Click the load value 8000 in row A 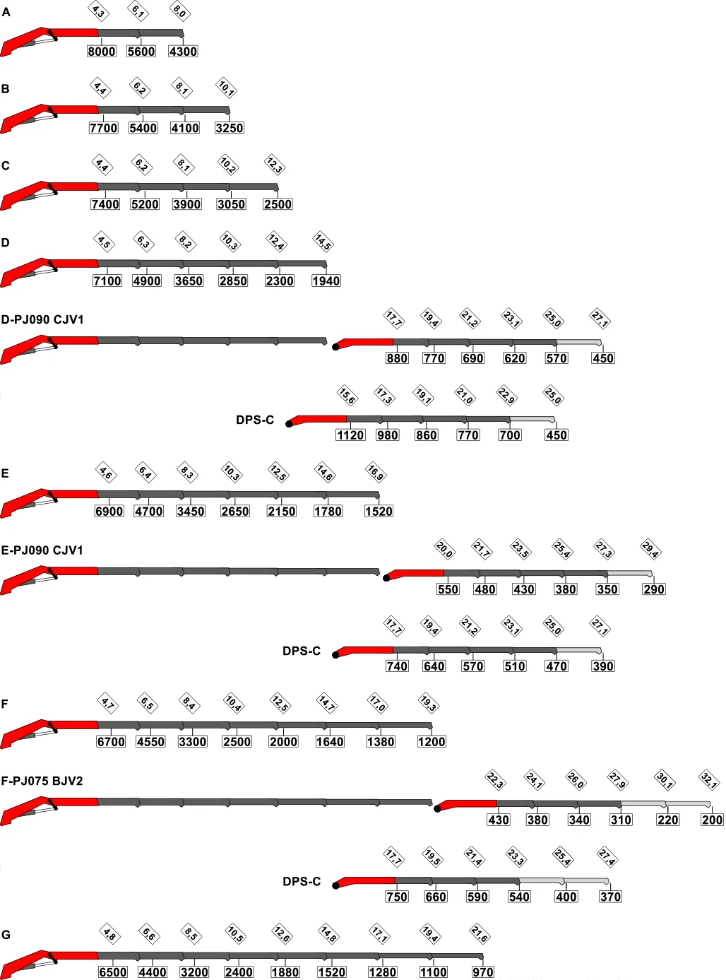tap(101, 52)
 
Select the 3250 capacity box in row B tap(230, 128)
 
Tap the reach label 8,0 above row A tap(179, 11)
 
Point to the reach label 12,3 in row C tap(274, 165)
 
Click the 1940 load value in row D tap(326, 281)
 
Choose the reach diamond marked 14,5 tap(323, 242)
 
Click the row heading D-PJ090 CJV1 tap(42, 319)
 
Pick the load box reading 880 tap(397, 358)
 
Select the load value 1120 tap(350, 435)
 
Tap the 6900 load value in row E tap(109, 512)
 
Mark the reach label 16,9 tap(376, 473)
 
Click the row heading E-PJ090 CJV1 tap(42, 550)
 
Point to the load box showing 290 tap(653, 589)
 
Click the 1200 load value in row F tap(432, 741)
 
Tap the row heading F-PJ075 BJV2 tap(42, 781)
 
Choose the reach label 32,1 tap(709, 780)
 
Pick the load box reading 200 tap(712, 820)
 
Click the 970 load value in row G tap(482, 972)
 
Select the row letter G tap(6, 935)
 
